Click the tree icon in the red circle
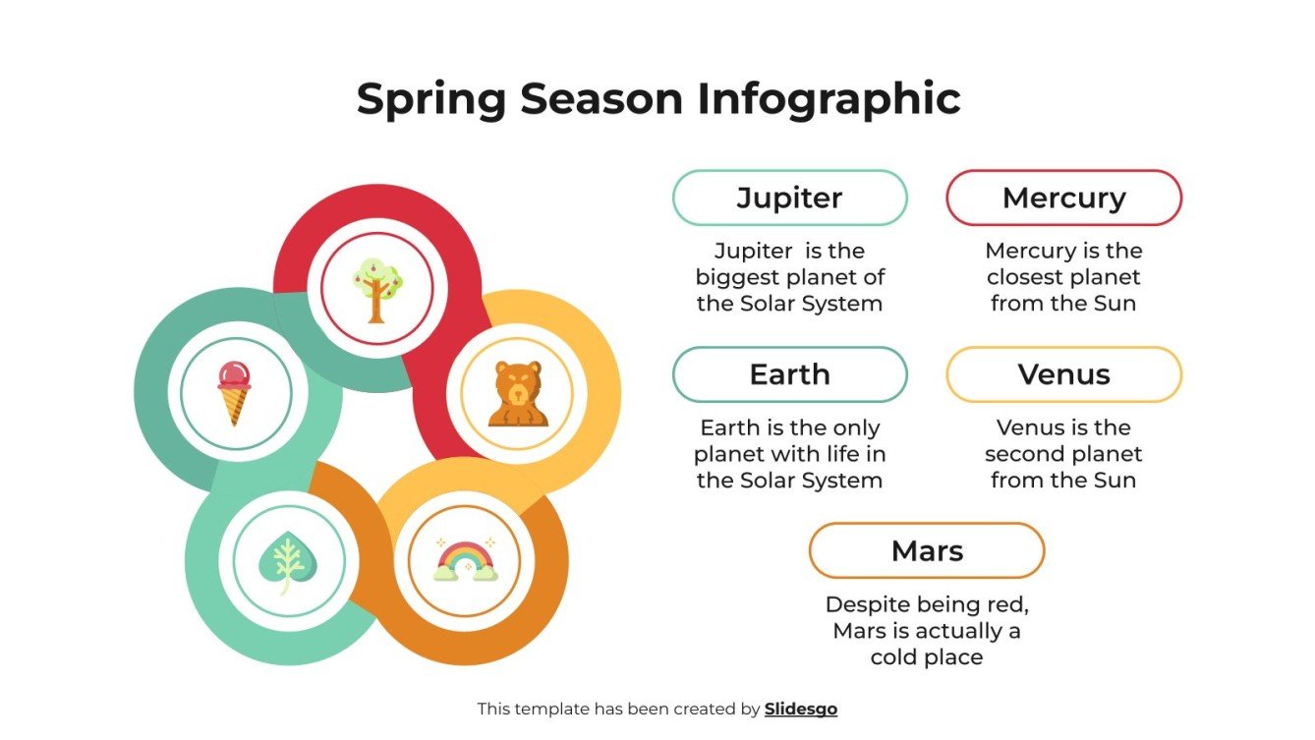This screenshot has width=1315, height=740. click(x=376, y=289)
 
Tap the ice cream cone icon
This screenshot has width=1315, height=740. click(x=234, y=393)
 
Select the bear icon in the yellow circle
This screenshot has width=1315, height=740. click(x=517, y=394)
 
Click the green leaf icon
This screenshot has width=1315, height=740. click(x=282, y=562)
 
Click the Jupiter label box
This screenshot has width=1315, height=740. click(x=789, y=198)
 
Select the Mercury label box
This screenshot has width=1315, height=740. click(x=1063, y=198)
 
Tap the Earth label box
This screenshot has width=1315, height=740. click(x=789, y=374)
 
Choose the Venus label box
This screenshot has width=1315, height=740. click(x=1063, y=374)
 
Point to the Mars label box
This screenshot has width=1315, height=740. click(x=926, y=550)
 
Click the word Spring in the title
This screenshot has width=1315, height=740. click(x=430, y=100)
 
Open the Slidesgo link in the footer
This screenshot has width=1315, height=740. click(x=801, y=709)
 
